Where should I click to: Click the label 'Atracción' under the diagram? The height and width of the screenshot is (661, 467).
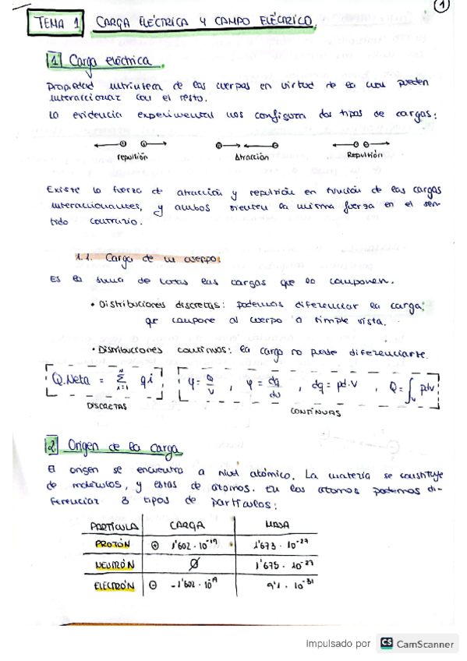click(252, 157)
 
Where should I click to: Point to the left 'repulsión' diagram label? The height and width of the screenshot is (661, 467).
click(131, 157)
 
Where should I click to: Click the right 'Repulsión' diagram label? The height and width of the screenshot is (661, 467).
click(365, 154)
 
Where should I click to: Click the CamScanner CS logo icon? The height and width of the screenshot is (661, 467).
click(386, 644)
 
